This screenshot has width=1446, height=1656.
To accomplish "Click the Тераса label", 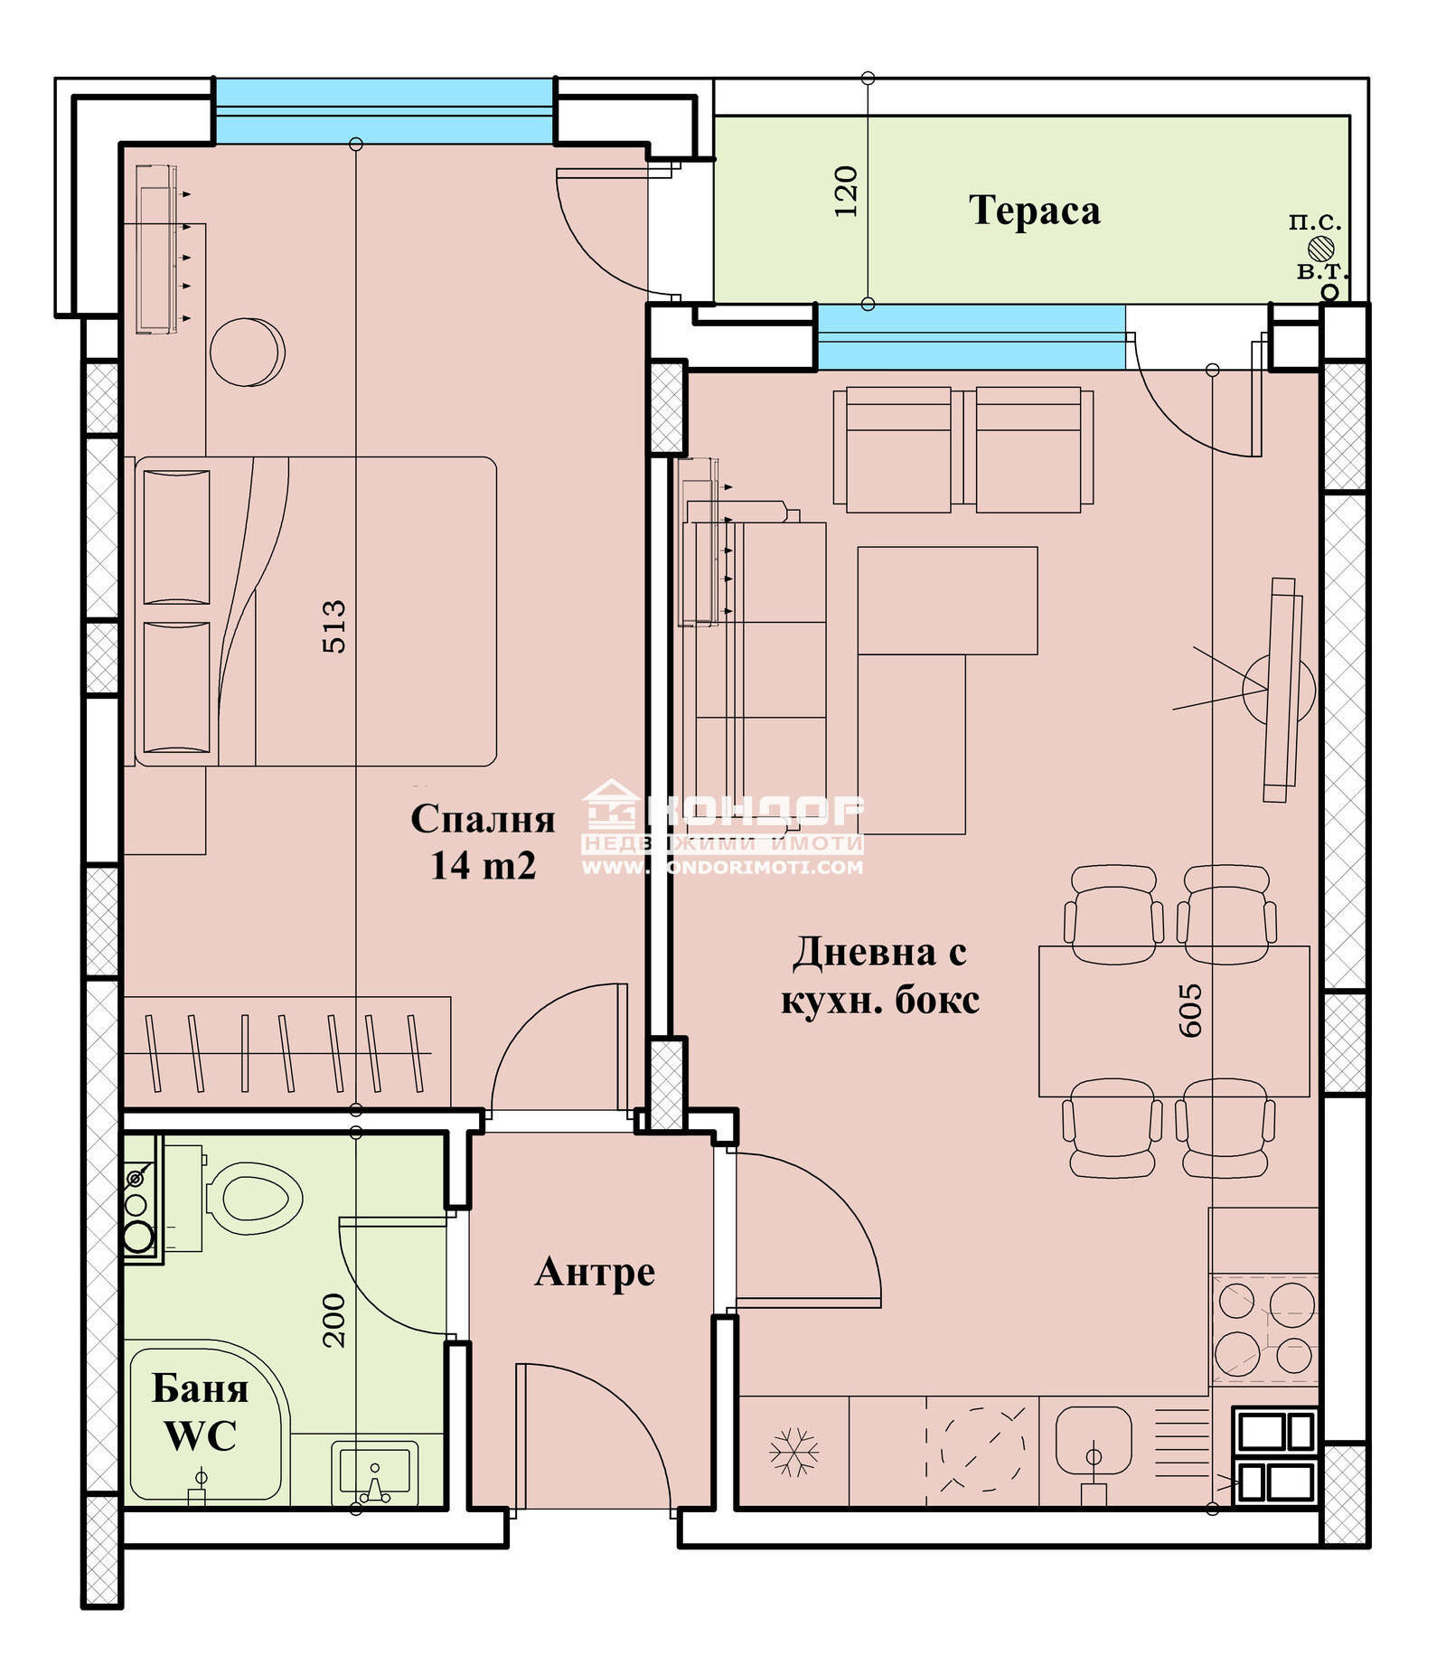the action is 1035,211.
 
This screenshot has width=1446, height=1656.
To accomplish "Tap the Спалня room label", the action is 483,819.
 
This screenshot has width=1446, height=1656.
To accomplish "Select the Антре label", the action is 595,1272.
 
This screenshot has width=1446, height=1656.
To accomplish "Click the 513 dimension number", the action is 333,626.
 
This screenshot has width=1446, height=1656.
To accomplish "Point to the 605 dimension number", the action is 1190,1011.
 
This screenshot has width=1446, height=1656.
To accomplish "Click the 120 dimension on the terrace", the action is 845,191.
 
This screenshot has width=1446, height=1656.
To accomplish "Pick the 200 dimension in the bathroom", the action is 333,1321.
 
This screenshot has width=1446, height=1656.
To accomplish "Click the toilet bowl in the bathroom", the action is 253,1199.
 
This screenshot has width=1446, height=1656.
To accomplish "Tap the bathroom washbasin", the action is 375,1471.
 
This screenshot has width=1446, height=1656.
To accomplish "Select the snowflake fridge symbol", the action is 793,1452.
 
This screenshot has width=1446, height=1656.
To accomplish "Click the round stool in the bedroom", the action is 247,352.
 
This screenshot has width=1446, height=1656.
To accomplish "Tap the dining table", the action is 1174,1021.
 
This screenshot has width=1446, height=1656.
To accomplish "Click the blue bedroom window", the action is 384,111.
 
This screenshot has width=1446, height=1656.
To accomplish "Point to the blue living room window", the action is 972,337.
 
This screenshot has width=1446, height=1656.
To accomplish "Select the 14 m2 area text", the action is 483,866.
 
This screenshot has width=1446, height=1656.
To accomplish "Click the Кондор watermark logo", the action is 722,827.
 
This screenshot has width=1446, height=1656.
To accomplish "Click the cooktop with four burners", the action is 1264,1329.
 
